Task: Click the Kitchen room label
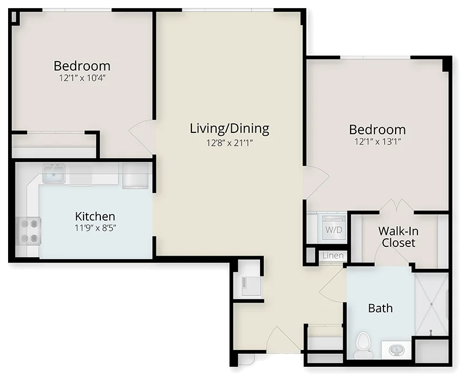click(95, 216)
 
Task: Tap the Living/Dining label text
click(230, 128)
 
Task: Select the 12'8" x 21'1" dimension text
click(230, 143)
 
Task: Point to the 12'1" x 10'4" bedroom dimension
click(82, 78)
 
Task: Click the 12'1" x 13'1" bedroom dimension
click(377, 142)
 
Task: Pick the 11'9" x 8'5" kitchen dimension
click(95, 228)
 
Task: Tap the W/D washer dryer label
click(334, 230)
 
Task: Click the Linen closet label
click(333, 256)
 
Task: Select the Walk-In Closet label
click(399, 237)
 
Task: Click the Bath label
click(380, 308)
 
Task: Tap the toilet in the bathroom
click(363, 345)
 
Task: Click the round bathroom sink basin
click(396, 349)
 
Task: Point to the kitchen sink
click(54, 173)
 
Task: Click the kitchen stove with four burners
click(28, 231)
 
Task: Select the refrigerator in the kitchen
click(135, 176)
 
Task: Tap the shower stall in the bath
click(431, 305)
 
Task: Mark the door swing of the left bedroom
click(141, 137)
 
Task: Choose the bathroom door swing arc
click(332, 286)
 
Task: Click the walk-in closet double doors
click(396, 206)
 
